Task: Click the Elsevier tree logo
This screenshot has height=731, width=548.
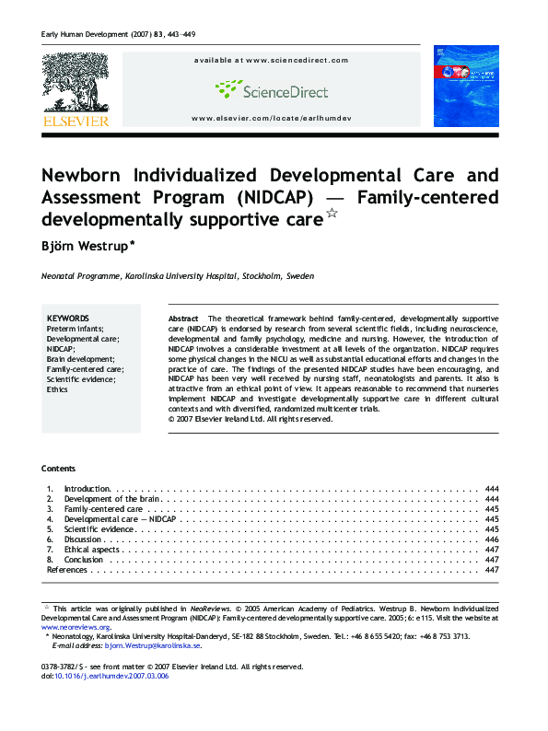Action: (75, 84)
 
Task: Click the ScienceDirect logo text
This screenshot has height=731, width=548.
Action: (284, 90)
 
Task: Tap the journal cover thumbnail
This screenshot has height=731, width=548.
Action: (465, 87)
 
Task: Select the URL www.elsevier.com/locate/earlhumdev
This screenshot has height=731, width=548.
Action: (271, 119)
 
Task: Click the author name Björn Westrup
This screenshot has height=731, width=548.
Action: (87, 246)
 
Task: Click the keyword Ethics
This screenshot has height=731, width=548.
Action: (58, 389)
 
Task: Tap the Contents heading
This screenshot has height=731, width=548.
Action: (59, 469)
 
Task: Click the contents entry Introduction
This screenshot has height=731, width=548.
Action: (87, 489)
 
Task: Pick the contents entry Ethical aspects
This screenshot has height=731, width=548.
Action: (92, 550)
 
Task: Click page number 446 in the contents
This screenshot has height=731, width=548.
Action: (491, 540)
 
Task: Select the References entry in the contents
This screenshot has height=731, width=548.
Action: (67, 570)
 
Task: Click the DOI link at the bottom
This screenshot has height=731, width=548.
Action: (111, 676)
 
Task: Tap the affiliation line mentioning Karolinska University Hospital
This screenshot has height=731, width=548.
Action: (177, 275)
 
